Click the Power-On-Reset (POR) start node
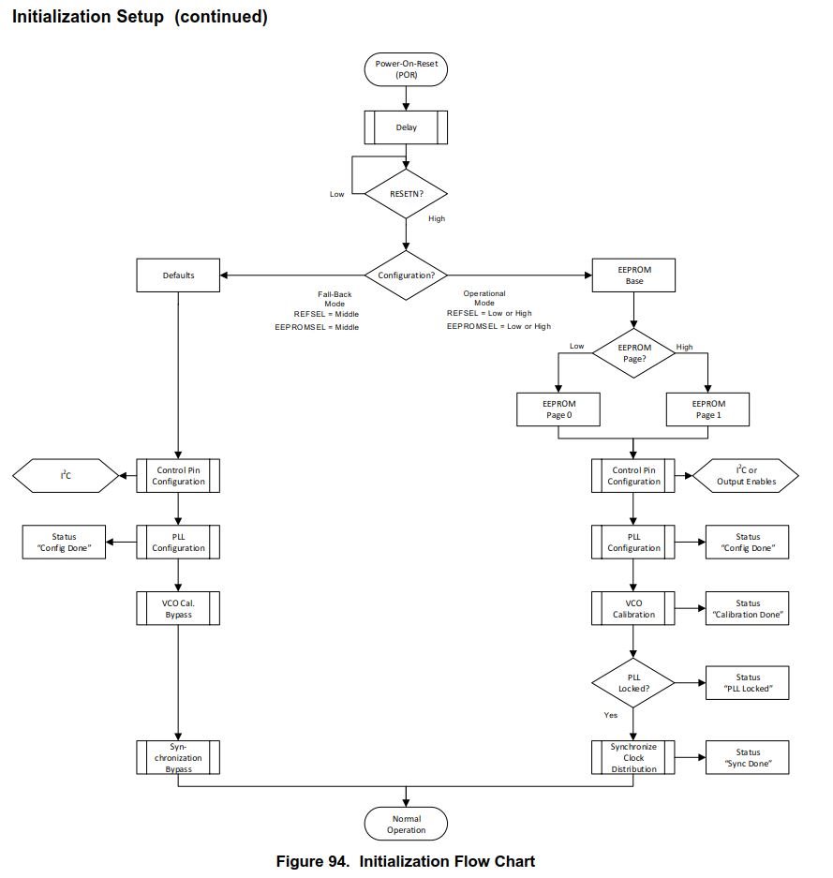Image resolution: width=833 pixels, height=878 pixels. pos(406,68)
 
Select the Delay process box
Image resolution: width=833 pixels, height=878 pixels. pos(406,127)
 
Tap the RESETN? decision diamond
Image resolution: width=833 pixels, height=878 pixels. pos(406,194)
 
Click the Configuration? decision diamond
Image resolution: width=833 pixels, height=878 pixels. pos(406,275)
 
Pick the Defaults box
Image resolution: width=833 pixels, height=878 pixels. pos(178,275)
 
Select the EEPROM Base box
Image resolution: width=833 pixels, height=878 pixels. pos(634,275)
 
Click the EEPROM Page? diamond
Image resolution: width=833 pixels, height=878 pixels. pos(634,353)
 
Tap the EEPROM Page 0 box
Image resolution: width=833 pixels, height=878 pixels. pos(558,409)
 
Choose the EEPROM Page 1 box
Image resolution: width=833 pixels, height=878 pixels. pos(707,409)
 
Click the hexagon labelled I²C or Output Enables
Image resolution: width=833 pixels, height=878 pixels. pos(746,476)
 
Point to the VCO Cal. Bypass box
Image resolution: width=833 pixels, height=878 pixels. pos(178,609)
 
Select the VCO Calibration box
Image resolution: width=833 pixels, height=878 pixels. pos(633,609)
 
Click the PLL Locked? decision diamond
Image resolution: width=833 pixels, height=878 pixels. pos(633,682)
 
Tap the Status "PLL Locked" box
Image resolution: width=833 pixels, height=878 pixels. pos(747,682)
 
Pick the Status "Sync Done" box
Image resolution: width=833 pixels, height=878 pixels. pos(747,757)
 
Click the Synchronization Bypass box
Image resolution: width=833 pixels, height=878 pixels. pos(178,757)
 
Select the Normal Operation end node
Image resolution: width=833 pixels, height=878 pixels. pos(406,824)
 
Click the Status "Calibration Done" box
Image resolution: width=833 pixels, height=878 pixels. pos(747,609)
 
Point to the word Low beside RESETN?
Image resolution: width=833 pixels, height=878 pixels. pos(336,194)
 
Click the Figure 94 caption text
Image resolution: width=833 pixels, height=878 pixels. pos(405,861)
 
